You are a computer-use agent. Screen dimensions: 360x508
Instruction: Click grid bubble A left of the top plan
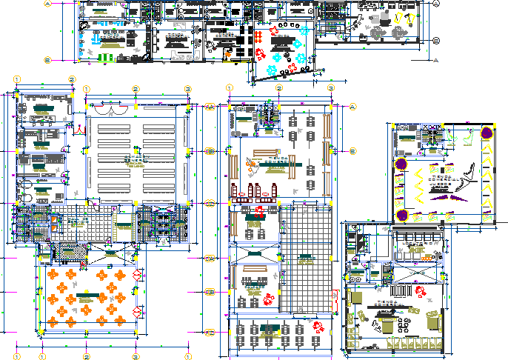click(x=48, y=4)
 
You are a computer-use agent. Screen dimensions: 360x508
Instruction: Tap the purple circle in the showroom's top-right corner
click(x=486, y=133)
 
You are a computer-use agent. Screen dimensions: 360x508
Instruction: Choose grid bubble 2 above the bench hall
click(x=136, y=89)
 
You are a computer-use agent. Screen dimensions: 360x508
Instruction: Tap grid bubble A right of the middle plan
click(x=352, y=107)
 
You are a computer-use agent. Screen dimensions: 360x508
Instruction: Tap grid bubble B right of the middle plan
click(x=352, y=151)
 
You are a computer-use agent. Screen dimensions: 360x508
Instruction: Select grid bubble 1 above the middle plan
click(x=230, y=89)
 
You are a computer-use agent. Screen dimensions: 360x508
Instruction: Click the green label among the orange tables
click(x=87, y=295)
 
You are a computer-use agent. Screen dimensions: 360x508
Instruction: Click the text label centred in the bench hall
click(x=136, y=158)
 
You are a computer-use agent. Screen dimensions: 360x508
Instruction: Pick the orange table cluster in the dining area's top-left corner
click(x=56, y=273)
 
